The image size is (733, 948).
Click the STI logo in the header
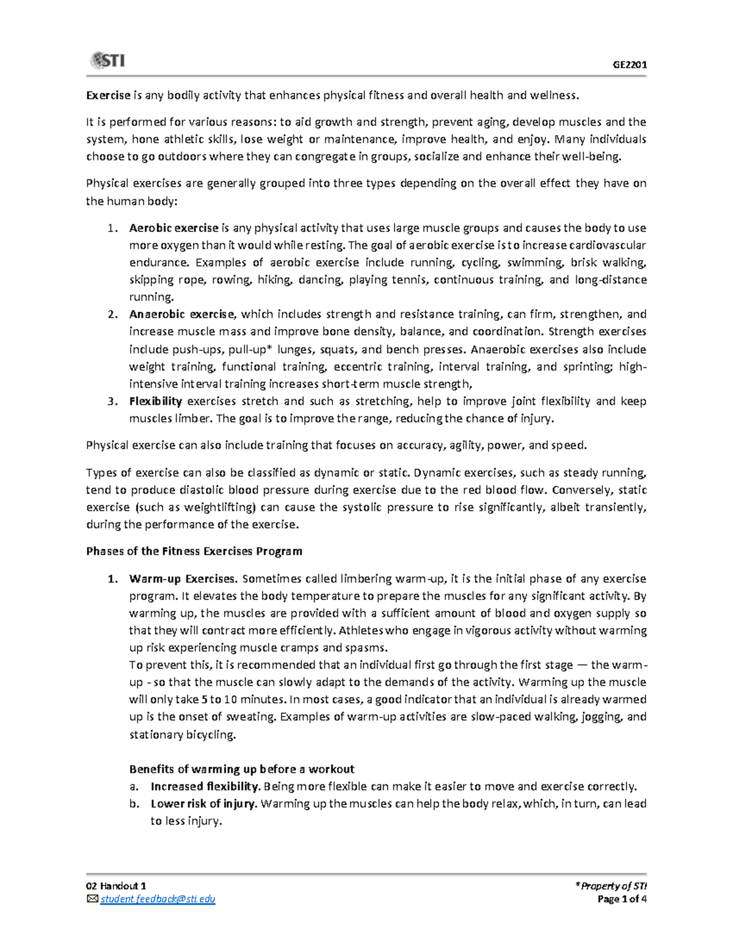[107, 60]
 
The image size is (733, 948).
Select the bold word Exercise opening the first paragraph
[108, 95]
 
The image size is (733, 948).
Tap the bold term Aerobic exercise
[173, 228]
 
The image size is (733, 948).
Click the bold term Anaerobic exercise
[181, 314]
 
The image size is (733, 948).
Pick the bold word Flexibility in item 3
[156, 401]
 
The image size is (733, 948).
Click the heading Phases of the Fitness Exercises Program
[194, 551]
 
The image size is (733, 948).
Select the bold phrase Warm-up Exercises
[182, 579]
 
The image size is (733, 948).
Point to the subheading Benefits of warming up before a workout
[242, 769]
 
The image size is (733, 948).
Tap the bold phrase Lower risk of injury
[203, 803]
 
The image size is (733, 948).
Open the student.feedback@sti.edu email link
[158, 899]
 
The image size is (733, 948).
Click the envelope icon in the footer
[92, 899]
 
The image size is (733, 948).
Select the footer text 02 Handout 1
[116, 886]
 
